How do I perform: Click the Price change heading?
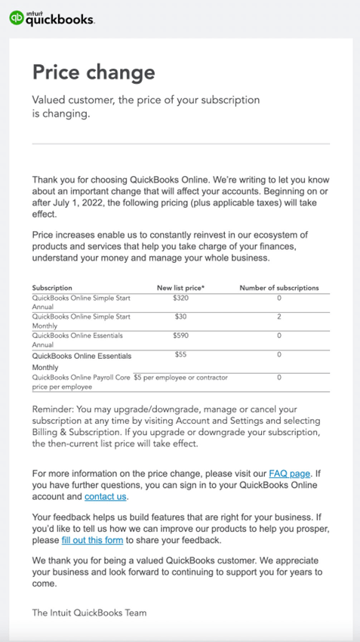pos(94,73)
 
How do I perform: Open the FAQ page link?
pos(289,474)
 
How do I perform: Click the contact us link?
pos(106,496)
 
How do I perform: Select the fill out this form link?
pos(93,541)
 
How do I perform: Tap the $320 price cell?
pos(180,298)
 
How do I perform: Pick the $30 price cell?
pos(180,316)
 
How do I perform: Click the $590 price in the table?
pos(180,335)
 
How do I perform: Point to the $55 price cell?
pos(180,354)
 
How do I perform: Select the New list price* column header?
pos(180,288)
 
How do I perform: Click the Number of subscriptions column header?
pos(278,288)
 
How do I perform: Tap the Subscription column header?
pos(52,288)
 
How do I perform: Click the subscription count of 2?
pos(278,316)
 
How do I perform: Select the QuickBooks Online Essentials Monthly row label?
pos(82,361)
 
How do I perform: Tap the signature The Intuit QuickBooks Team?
pos(89,613)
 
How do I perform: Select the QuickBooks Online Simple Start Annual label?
pos(82,303)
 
